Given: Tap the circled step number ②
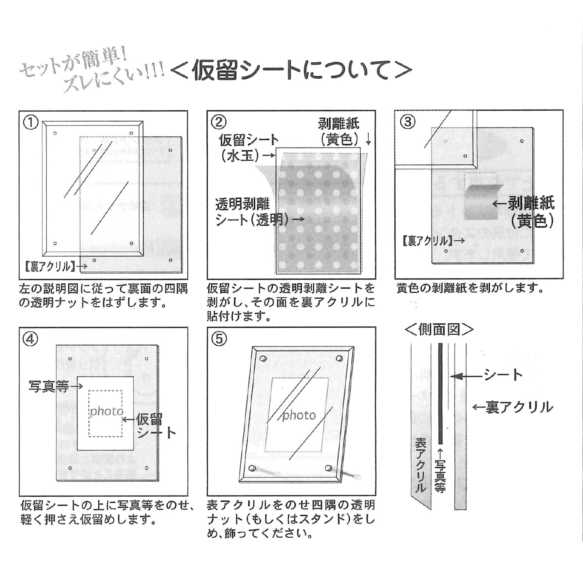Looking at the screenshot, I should click(x=219, y=122).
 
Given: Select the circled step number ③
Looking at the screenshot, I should click(x=407, y=122).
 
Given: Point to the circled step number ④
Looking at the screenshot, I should click(x=31, y=339).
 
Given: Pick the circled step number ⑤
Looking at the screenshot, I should click(x=219, y=339).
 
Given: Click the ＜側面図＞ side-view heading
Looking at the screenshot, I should click(x=439, y=330).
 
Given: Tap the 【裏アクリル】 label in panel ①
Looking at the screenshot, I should click(x=48, y=267).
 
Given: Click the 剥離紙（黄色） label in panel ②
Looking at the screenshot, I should click(x=339, y=132).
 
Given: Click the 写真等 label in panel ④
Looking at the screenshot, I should click(x=49, y=386).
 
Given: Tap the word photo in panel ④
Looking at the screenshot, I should click(x=106, y=411).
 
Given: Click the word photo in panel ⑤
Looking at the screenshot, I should click(x=299, y=415).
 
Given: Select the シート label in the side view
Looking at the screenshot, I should click(x=503, y=375).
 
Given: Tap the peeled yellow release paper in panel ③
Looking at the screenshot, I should click(x=482, y=202).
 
